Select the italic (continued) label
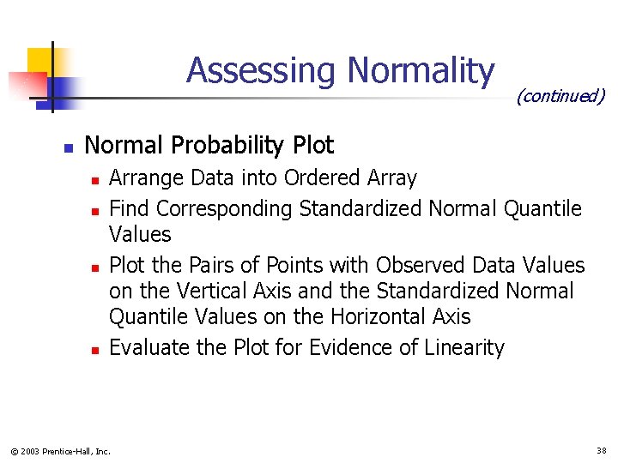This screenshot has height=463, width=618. tap(560, 96)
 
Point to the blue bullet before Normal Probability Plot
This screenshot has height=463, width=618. tap(68, 147)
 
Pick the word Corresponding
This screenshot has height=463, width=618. tap(226, 209)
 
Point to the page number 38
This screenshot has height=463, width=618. tap(600, 450)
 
